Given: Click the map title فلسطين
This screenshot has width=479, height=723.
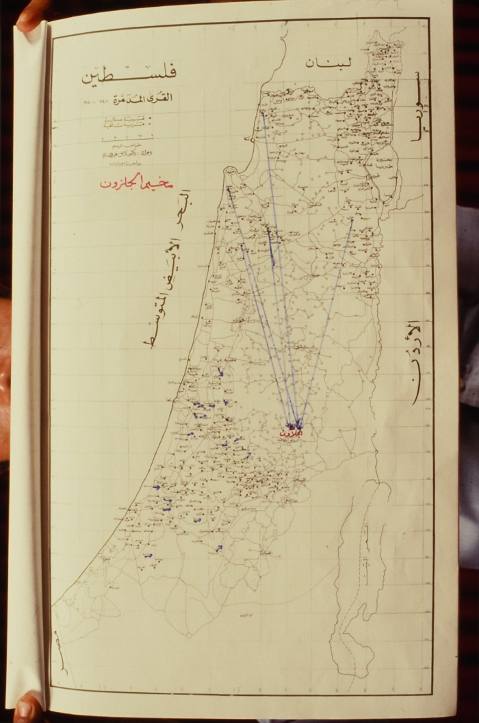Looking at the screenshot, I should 129,75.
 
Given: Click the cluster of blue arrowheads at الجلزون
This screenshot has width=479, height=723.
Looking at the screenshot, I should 296,424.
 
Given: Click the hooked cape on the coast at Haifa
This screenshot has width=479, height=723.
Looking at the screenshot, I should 229,174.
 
